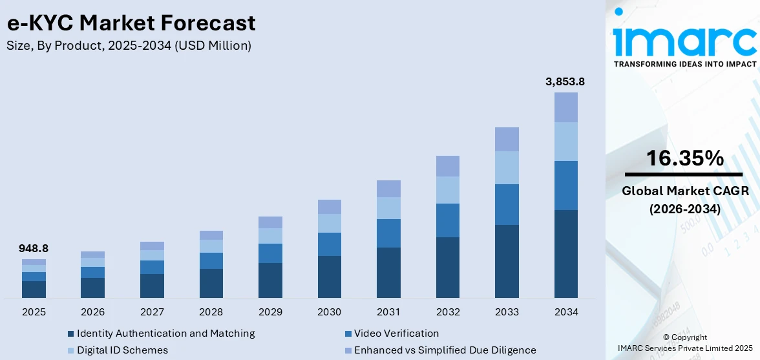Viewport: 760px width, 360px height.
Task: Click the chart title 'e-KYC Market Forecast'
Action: coord(131,23)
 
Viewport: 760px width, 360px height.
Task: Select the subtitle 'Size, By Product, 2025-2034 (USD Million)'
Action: coord(129,46)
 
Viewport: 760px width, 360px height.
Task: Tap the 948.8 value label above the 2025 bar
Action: coord(34,248)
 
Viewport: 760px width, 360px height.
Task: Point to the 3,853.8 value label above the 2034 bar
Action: coord(565,81)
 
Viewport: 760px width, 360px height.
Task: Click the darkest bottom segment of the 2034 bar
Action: coord(565,253)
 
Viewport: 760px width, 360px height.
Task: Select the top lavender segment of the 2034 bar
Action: coord(565,107)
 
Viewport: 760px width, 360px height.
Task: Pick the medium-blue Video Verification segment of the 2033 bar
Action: coord(507,204)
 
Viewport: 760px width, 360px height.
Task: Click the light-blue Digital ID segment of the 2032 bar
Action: coord(447,190)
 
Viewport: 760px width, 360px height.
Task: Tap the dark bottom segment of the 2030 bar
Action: coord(329,277)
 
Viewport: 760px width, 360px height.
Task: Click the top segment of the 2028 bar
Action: coord(211,235)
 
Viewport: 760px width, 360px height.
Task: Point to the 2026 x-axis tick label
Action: coord(93,312)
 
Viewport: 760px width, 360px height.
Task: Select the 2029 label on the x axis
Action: coord(270,312)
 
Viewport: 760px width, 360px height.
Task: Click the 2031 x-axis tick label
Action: coord(388,312)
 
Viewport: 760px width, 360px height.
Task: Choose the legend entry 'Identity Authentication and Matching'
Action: coord(165,334)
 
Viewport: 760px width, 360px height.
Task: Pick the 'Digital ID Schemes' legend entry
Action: coord(122,350)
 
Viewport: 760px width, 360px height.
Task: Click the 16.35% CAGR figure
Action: coord(684,158)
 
